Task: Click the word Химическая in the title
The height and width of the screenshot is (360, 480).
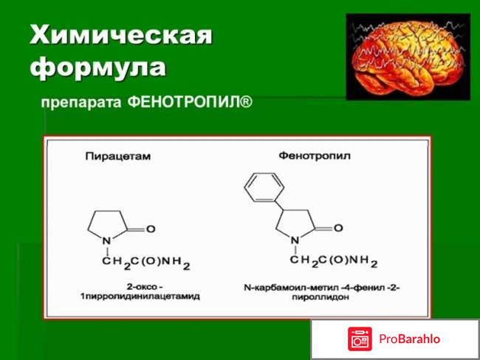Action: [x=121, y=35]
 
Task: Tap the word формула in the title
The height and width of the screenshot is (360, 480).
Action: [x=98, y=67]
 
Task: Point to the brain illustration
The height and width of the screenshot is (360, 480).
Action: [x=408, y=57]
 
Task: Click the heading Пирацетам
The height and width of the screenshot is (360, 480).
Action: [x=118, y=157]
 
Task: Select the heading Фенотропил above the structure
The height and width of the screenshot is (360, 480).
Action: [x=315, y=156]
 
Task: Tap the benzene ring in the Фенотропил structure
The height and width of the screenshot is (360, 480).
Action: [x=264, y=188]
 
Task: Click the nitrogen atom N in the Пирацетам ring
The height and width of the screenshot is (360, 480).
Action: [x=106, y=241]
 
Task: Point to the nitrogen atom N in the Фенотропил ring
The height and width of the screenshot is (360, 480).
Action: [x=295, y=240]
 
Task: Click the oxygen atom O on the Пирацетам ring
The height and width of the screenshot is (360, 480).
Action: [x=151, y=229]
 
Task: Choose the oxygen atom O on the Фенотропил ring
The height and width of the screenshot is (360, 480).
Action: [x=338, y=228]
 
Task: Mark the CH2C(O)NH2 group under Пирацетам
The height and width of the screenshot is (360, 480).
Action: [x=146, y=263]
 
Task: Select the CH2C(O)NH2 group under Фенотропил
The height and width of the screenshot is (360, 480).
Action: [x=334, y=262]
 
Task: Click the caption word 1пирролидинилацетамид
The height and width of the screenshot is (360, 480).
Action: [x=140, y=296]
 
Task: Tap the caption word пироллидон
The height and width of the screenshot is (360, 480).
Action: [x=320, y=297]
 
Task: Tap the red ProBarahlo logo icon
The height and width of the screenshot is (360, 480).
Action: [x=360, y=339]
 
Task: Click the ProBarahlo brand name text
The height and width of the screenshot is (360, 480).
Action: [x=410, y=339]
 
